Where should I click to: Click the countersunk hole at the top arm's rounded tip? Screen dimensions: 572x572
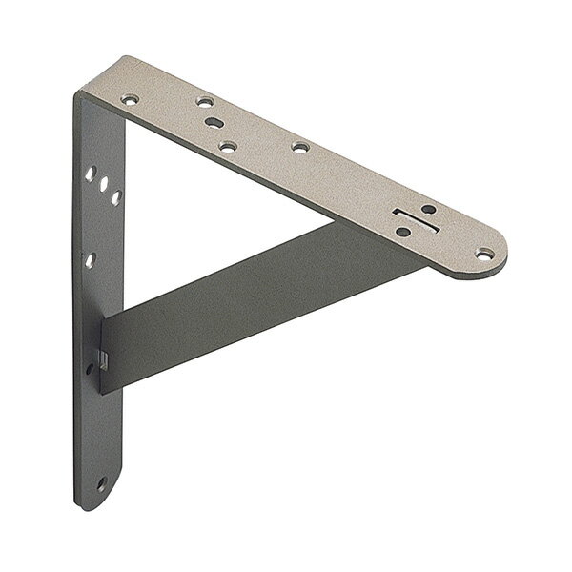click(x=487, y=254)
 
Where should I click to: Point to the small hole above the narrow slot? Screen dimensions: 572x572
click(x=428, y=208)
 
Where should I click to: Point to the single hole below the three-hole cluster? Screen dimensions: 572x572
click(x=89, y=258)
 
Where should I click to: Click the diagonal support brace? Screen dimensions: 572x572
click(x=238, y=296)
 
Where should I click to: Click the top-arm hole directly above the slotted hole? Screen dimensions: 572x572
click(x=204, y=100)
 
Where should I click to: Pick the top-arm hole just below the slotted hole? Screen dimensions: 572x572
click(x=228, y=145)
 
